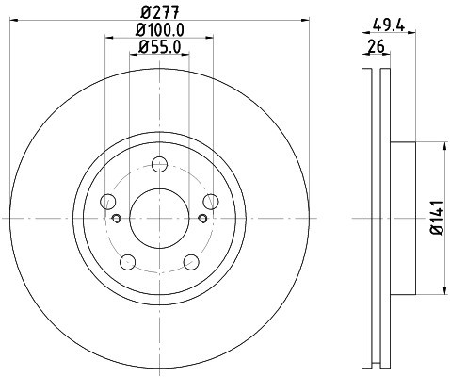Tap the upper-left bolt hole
pos(106,200)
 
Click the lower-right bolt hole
pos(192,262)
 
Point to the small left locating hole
pos(116,219)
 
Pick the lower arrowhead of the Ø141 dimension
pos(442,289)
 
